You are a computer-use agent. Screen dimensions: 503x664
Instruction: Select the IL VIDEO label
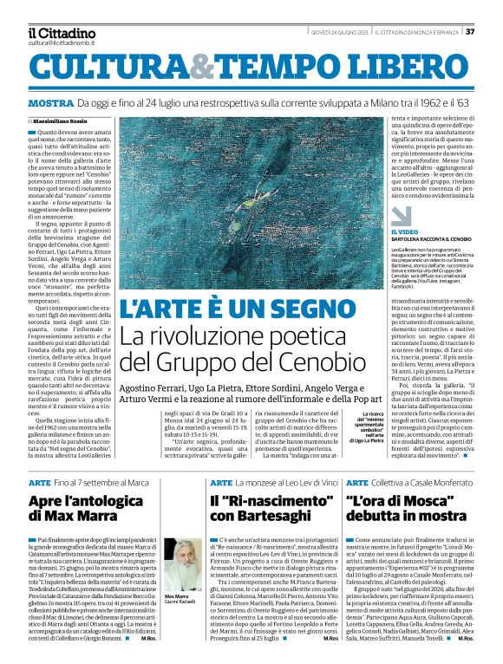click(x=379, y=231)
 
